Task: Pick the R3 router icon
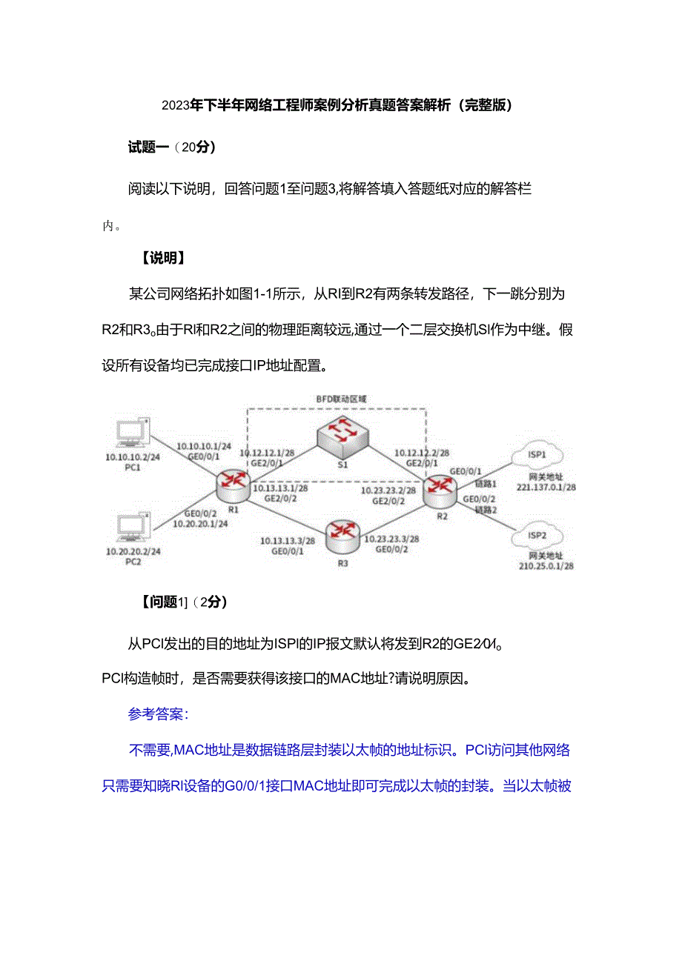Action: click(x=342, y=533)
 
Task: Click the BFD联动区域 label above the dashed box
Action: click(x=342, y=399)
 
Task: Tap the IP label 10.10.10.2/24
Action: click(x=133, y=457)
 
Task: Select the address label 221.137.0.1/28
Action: click(x=546, y=488)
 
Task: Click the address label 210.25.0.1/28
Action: click(x=546, y=566)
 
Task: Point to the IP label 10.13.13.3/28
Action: click(x=288, y=541)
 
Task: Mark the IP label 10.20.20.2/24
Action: click(x=133, y=552)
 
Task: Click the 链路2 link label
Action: click(x=485, y=511)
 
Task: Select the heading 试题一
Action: click(x=149, y=147)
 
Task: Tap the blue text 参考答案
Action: click(x=158, y=714)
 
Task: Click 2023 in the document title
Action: click(x=176, y=105)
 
